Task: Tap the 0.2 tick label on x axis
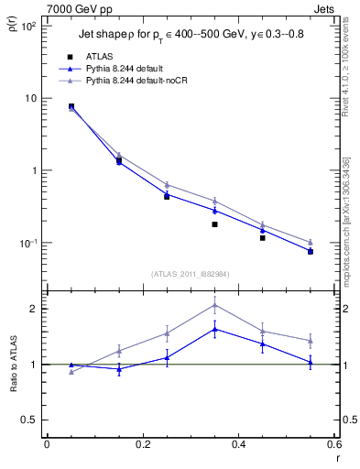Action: pos(142,446)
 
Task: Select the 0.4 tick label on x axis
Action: pos(238,446)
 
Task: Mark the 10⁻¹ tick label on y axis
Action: pos(27,243)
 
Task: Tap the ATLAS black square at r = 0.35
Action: pos(214,224)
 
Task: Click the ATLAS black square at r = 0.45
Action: pos(262,238)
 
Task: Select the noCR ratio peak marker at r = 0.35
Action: pos(214,305)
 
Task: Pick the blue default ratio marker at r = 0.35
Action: pos(214,329)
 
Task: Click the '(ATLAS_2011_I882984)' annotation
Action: pos(191,273)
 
